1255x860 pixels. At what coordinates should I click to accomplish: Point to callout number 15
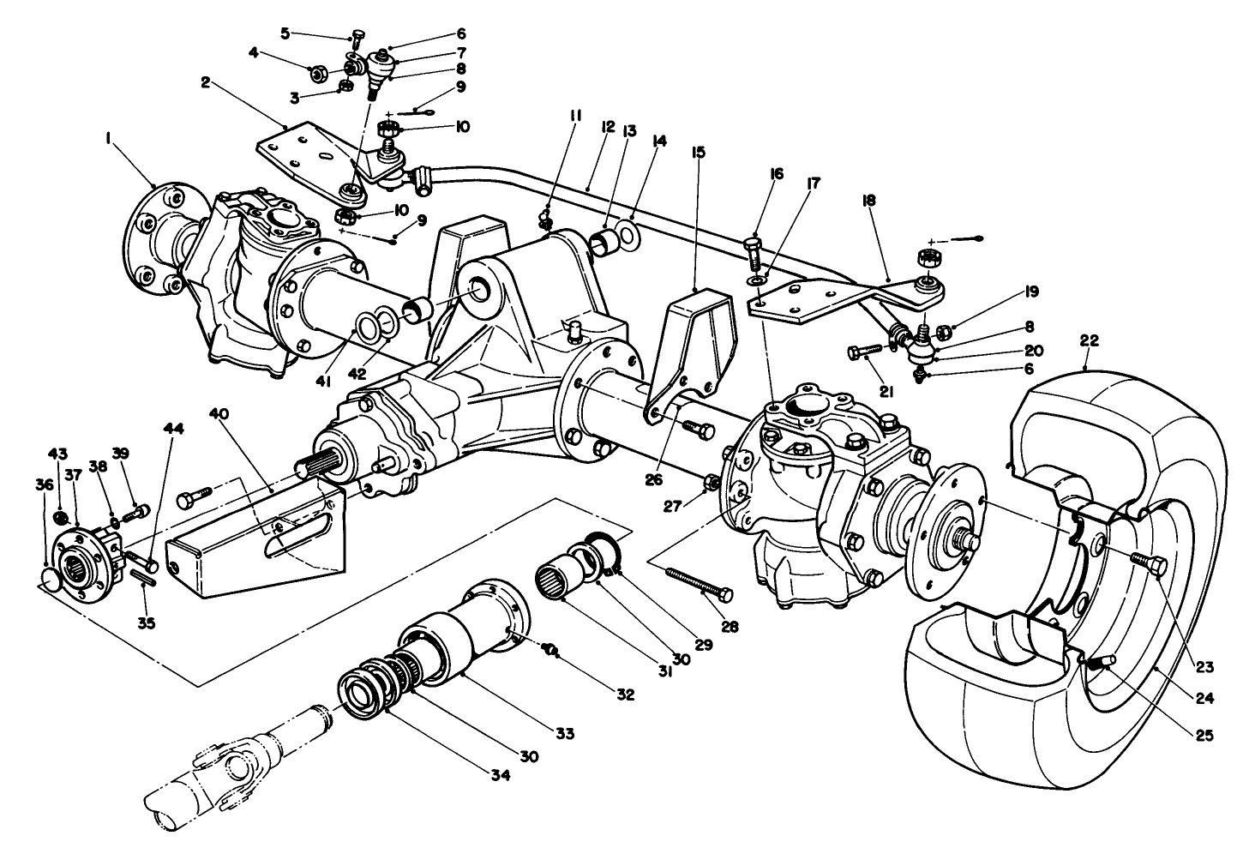(x=698, y=153)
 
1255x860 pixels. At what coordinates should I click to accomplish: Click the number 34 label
(x=501, y=774)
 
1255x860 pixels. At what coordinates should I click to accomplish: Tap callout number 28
(x=730, y=626)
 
